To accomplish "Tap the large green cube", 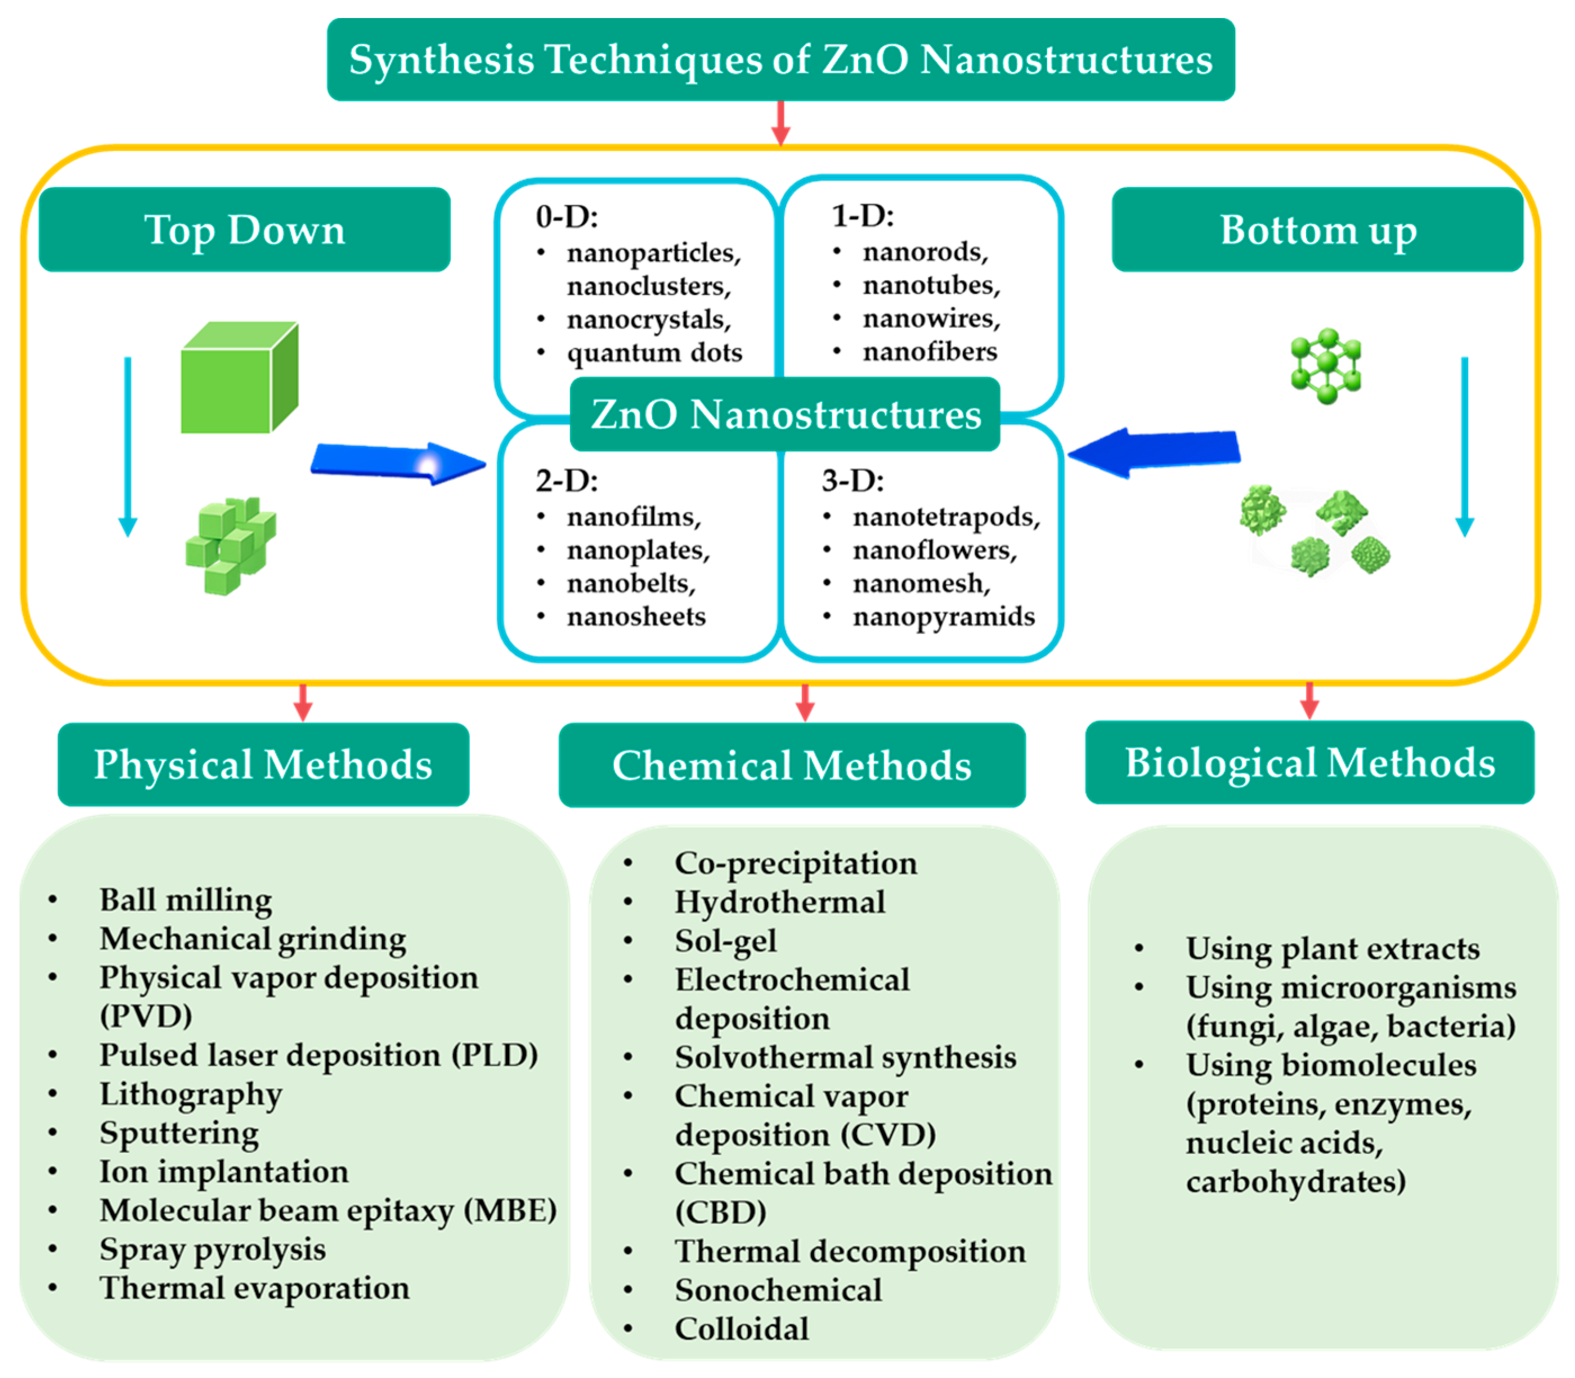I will [239, 378].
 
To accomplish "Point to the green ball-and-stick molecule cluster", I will [1325, 366].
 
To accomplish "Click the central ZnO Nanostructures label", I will [785, 415].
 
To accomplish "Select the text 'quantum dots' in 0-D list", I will [654, 353].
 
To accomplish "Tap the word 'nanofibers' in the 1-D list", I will [929, 352].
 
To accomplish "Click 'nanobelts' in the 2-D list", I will [631, 583].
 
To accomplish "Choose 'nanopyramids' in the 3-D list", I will [944, 617].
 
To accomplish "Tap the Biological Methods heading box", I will [1309, 763].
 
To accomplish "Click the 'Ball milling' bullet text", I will [185, 900].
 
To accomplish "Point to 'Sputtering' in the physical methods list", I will [179, 1133].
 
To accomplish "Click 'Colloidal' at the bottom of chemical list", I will [741, 1329].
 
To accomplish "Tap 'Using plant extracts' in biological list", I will [1332, 949].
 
